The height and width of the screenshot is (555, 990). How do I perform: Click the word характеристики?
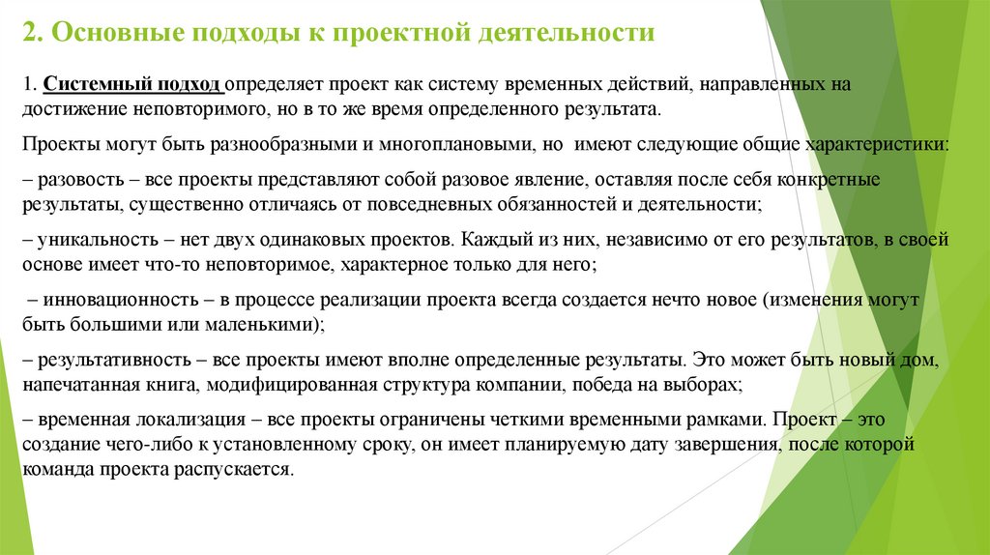884,144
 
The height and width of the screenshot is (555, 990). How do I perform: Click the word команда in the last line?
55,469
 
